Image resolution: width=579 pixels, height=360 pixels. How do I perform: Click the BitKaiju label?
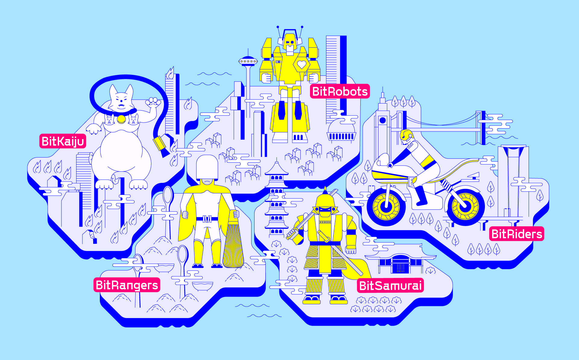point(63,141)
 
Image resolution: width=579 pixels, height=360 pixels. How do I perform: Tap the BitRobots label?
point(340,91)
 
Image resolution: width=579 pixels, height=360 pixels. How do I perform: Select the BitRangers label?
point(127,285)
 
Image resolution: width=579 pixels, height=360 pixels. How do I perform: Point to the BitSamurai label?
point(390,285)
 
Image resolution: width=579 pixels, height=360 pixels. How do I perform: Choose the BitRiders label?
point(517,234)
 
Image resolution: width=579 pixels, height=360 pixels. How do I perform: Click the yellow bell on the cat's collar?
point(121,119)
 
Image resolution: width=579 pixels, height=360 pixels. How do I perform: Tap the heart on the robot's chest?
point(302,64)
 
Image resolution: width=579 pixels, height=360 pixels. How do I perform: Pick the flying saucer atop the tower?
point(248,61)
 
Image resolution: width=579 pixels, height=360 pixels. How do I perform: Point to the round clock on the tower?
point(383,120)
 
